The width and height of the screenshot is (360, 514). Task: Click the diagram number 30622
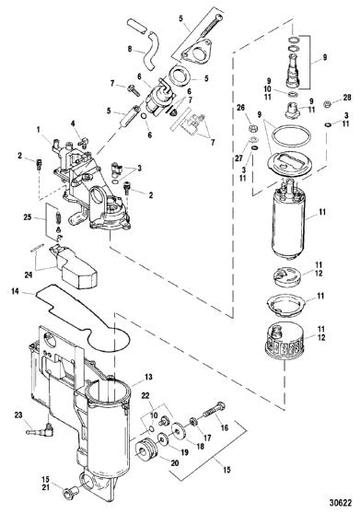(341, 503)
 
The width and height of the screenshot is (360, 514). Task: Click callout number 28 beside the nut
(347, 97)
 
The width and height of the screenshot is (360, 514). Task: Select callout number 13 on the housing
(148, 377)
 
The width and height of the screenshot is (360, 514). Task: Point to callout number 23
(18, 415)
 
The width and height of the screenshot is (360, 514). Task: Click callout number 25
(28, 216)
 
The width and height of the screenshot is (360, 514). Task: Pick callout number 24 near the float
(29, 275)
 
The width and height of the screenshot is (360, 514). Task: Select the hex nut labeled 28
(327, 104)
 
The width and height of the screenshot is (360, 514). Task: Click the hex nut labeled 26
(252, 127)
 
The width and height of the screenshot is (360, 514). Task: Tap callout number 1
(39, 130)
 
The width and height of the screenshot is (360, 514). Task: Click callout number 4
(73, 124)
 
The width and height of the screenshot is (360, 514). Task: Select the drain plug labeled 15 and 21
(70, 491)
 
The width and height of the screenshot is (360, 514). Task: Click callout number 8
(130, 49)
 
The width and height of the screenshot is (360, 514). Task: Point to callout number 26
(240, 108)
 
